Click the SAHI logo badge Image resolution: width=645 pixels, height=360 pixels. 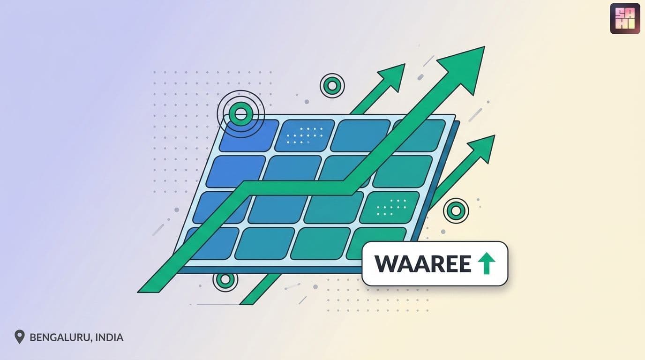pyautogui.click(x=625, y=18)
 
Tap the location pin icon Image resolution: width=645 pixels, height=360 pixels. pyautogui.click(x=19, y=337)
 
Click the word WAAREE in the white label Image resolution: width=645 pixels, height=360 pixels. pyautogui.click(x=423, y=263)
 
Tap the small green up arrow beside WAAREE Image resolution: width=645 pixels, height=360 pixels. pyautogui.click(x=487, y=263)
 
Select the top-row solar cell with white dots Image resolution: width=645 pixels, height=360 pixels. pyautogui.click(x=305, y=135)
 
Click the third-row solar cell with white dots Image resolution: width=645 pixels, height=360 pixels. pyautogui.click(x=390, y=207)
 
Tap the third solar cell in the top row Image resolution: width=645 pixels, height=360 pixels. pyautogui.click(x=360, y=135)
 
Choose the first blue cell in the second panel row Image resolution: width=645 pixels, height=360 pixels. pyautogui.click(x=236, y=172)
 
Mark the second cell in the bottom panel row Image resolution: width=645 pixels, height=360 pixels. pyautogui.click(x=265, y=244)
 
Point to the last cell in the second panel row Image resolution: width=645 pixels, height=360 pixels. pyautogui.click(x=403, y=172)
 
